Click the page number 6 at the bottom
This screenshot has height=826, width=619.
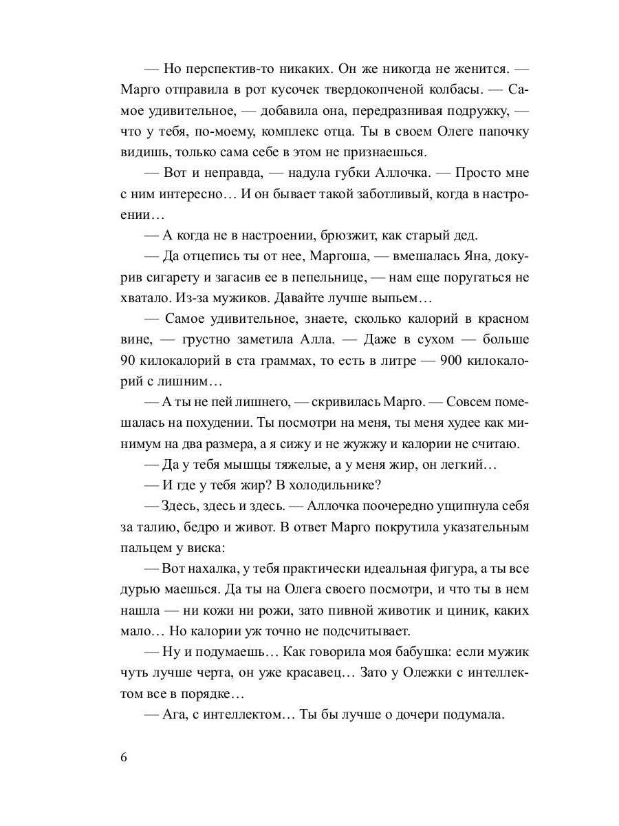[x=123, y=758]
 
